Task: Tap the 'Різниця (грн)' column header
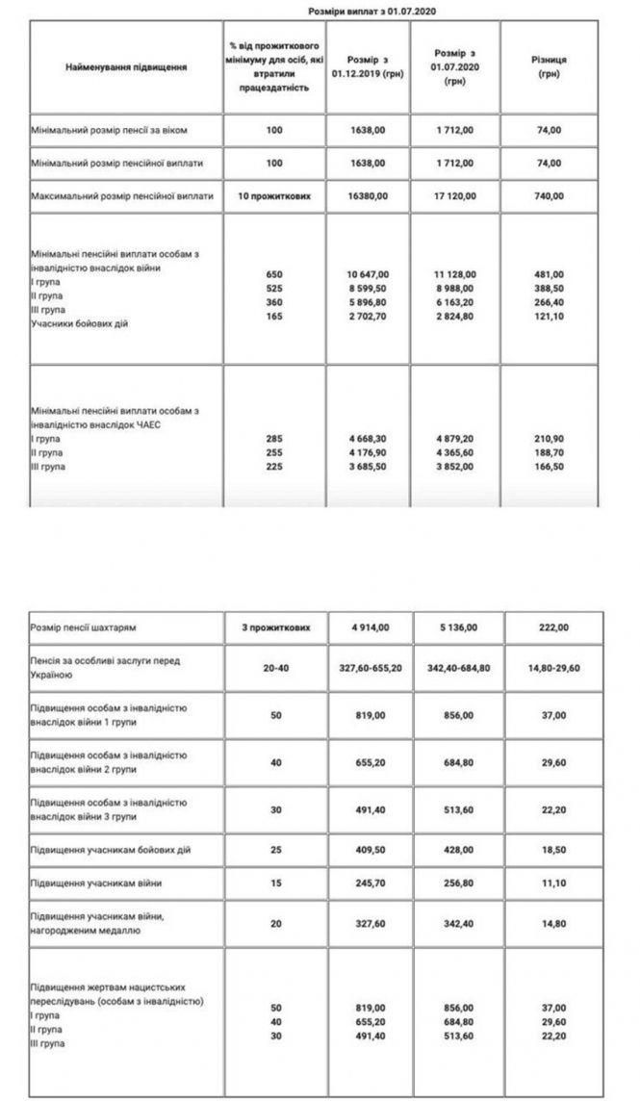(x=550, y=66)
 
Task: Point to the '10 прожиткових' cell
(x=274, y=195)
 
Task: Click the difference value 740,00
(x=550, y=195)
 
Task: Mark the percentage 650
(x=274, y=274)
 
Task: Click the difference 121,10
(x=550, y=323)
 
